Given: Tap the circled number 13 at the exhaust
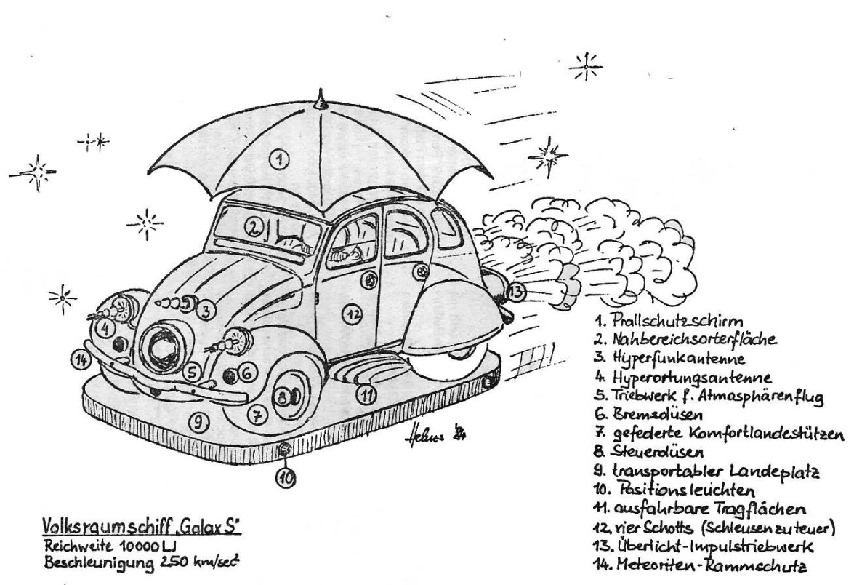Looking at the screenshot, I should [x=515, y=292].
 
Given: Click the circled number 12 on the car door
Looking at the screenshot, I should [x=353, y=314].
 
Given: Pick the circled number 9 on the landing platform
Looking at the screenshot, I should [x=196, y=420].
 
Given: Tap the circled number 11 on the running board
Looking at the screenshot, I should [x=368, y=395].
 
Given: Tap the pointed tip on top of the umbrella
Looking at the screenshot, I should [x=321, y=95].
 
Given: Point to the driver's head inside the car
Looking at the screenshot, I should [x=343, y=254].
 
